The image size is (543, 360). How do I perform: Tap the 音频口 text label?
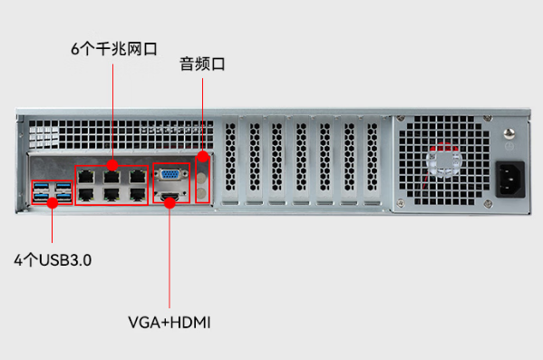point(201,63)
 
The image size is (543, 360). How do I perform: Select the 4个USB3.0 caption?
point(53,260)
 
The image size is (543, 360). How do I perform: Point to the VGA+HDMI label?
point(170,321)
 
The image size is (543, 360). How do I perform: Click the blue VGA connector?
point(170,175)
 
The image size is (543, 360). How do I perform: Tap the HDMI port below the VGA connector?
point(170,197)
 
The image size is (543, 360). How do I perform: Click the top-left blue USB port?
point(41,189)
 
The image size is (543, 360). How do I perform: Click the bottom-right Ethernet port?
point(136,193)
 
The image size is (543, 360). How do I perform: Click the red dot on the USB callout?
point(52,201)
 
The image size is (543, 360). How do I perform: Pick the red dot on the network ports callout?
point(112,164)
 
